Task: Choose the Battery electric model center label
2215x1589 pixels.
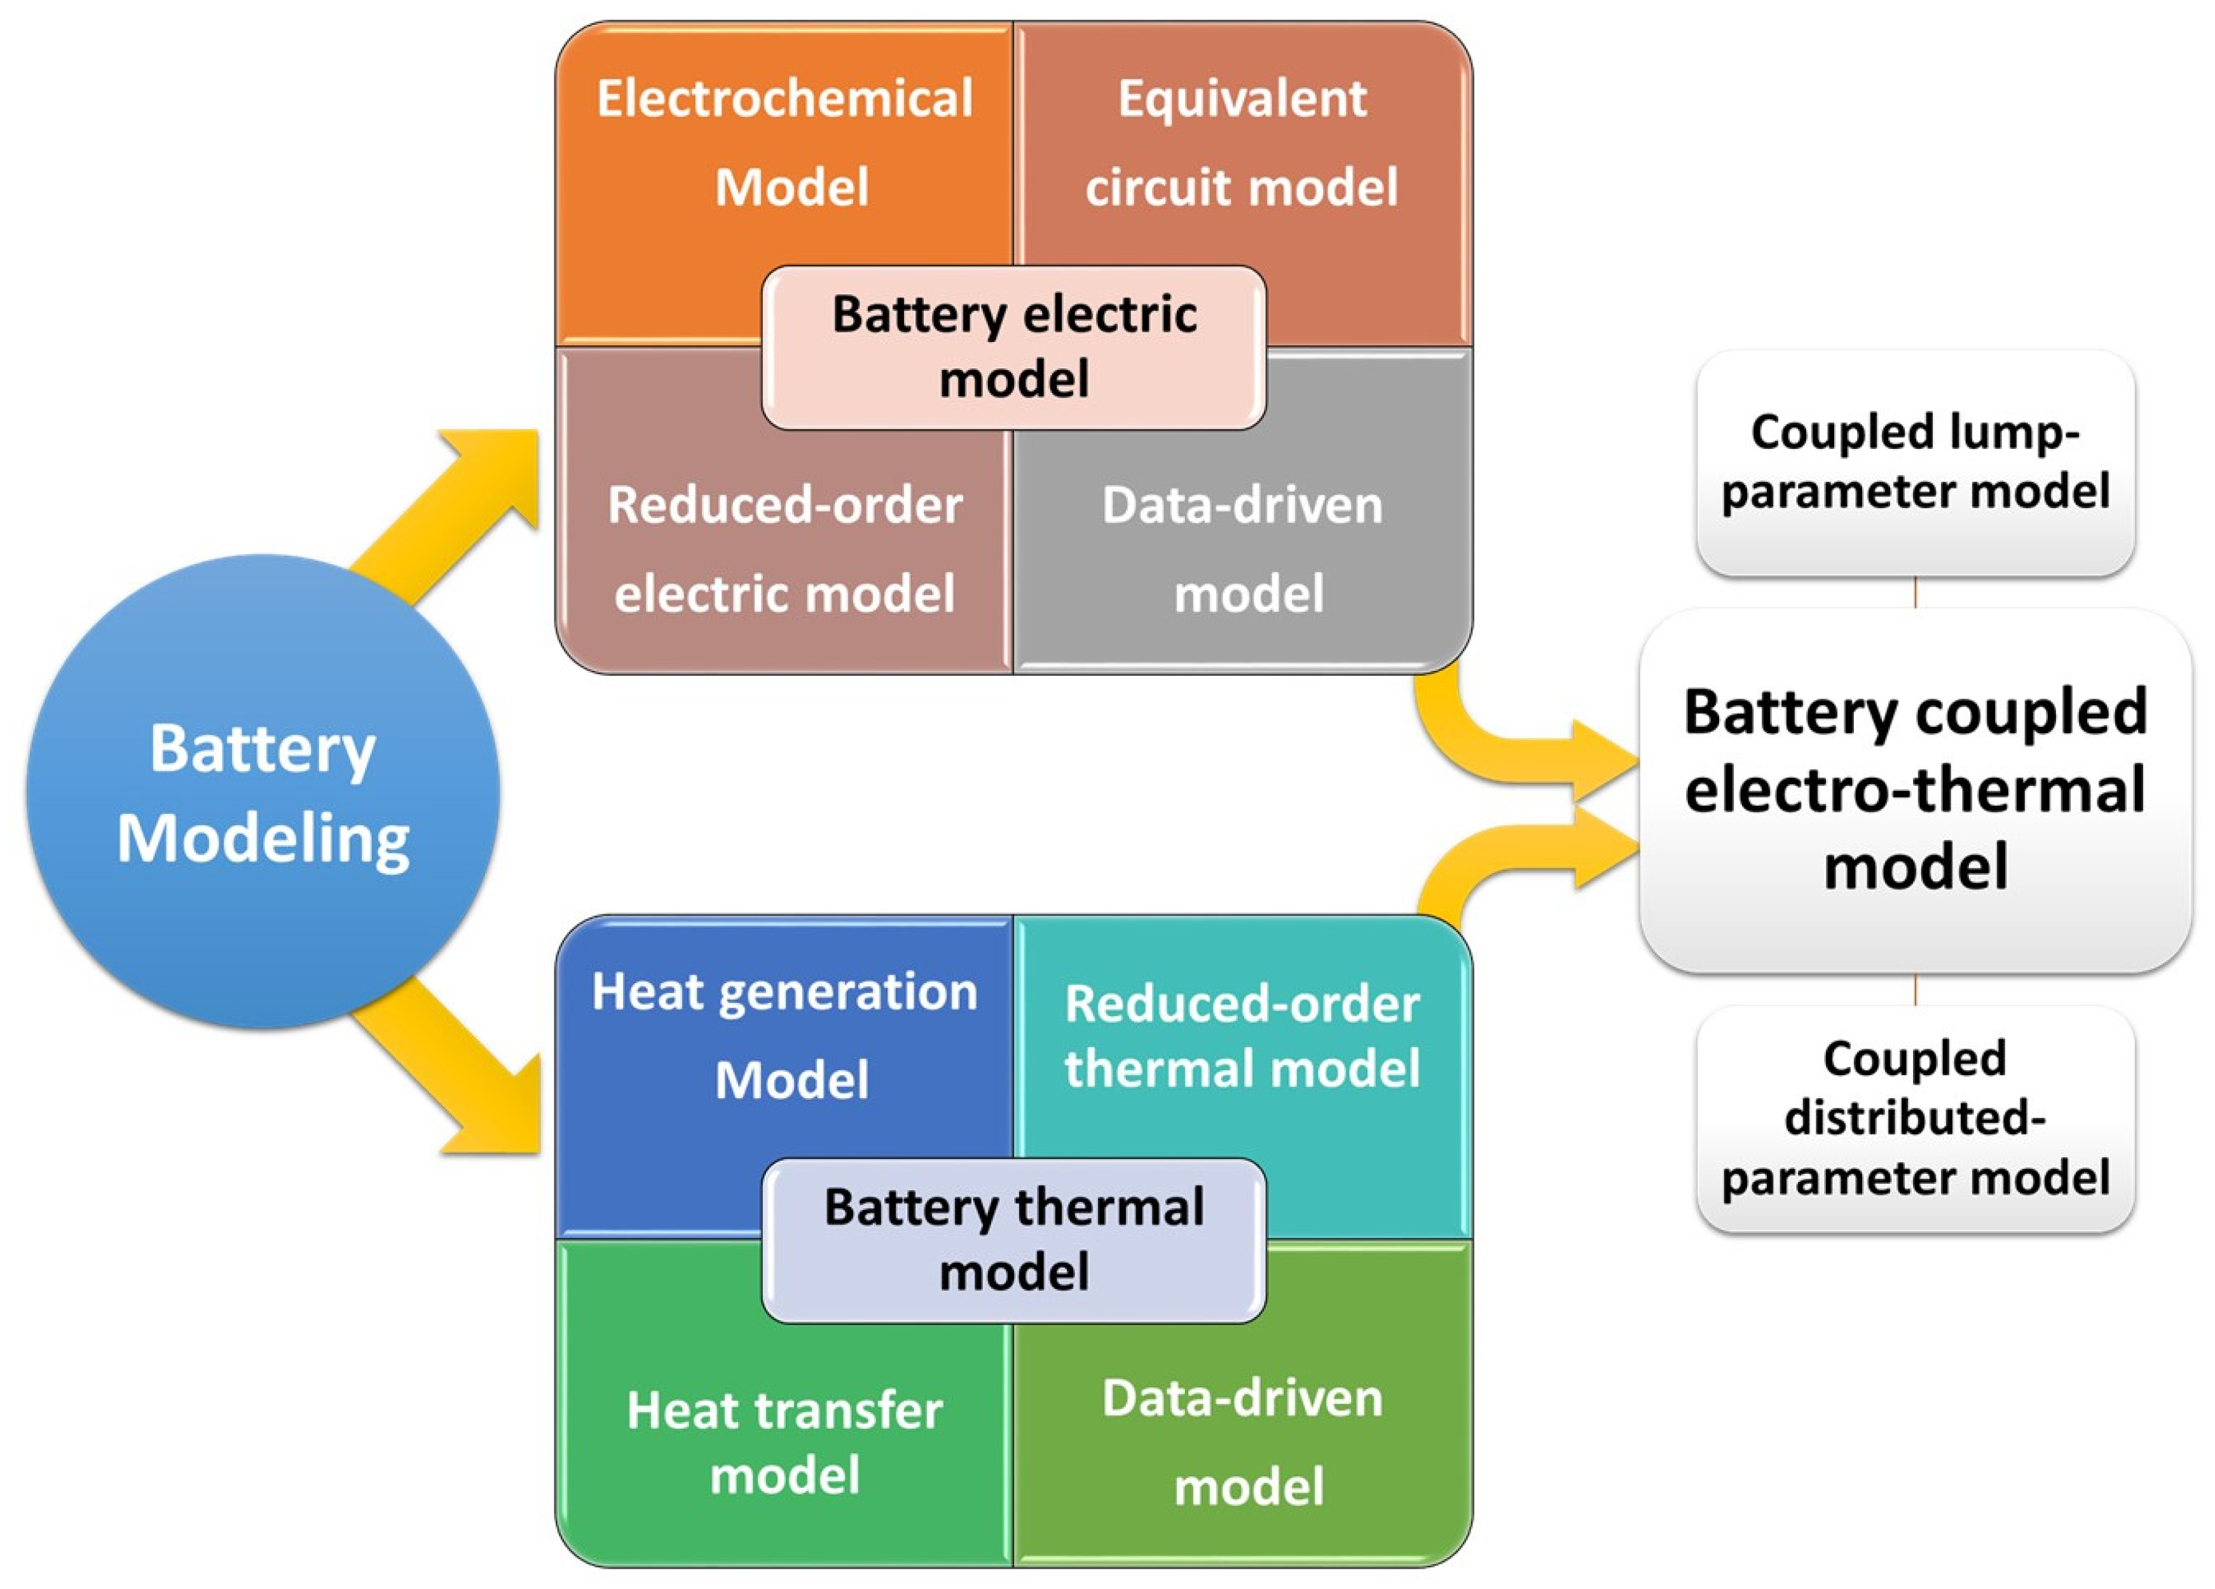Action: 1014,347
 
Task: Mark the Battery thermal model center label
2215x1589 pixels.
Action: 1014,1241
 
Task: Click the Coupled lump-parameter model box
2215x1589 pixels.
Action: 1914,462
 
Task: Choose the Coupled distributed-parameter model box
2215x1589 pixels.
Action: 1914,1118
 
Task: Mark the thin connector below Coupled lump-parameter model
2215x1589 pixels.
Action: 1914,592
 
